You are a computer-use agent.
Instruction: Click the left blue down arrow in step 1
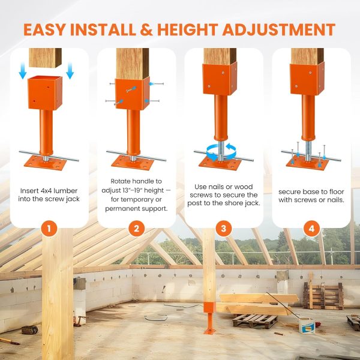point(22,71)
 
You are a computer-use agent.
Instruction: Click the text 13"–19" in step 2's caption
point(136,190)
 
